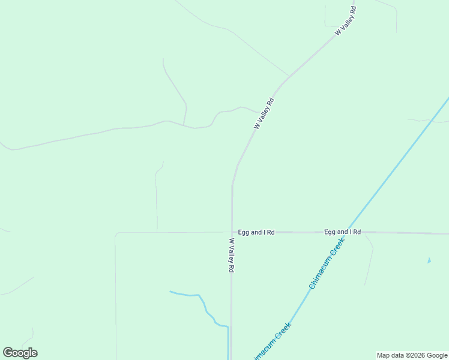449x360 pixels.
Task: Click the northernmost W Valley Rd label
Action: (x=346, y=20)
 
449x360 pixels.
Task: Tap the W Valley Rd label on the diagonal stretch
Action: (x=264, y=113)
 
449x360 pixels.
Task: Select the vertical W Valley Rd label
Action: (x=231, y=256)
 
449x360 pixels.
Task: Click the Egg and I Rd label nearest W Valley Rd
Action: (x=256, y=232)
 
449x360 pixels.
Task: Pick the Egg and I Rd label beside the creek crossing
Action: (x=342, y=232)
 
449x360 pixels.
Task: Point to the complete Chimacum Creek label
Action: (x=327, y=263)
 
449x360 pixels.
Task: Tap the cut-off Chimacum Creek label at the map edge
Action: (x=271, y=342)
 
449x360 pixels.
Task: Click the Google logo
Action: (x=20, y=353)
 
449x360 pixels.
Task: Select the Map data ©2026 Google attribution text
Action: (x=412, y=355)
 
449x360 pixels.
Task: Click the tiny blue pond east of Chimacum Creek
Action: (x=429, y=260)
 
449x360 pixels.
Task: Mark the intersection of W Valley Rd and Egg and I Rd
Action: (x=232, y=232)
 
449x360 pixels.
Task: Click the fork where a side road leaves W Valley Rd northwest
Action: (x=289, y=77)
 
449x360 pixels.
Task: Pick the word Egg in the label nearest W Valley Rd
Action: (x=243, y=232)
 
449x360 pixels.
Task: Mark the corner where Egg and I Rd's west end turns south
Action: (x=116, y=233)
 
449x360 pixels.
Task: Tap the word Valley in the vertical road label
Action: (x=231, y=258)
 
